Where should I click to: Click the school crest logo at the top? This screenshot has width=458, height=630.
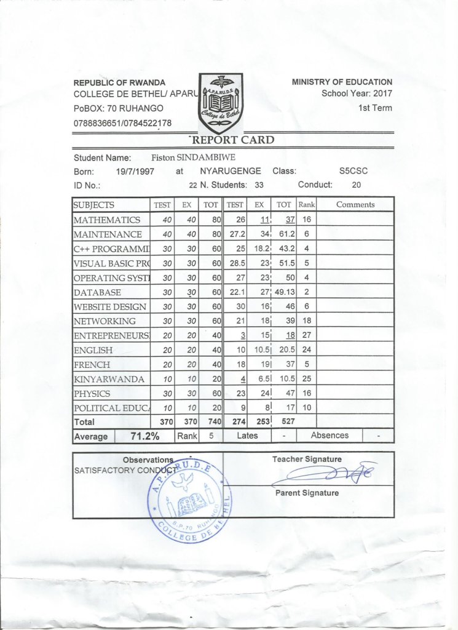pyautogui.click(x=221, y=103)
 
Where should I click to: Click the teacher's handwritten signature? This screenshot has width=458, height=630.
pyautogui.click(x=326, y=474)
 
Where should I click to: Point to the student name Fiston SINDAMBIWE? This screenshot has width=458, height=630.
pyautogui.click(x=193, y=157)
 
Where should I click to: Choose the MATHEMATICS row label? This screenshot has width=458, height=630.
pyautogui.click(x=107, y=220)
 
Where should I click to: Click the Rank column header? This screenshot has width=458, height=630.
pyautogui.click(x=306, y=205)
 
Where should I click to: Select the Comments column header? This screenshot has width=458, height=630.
pyautogui.click(x=355, y=205)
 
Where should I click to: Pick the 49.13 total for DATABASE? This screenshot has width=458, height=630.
pyautogui.click(x=285, y=292)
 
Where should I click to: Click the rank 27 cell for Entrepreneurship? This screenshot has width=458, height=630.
pyautogui.click(x=306, y=335)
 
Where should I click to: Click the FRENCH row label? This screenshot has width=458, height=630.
pyautogui.click(x=93, y=364)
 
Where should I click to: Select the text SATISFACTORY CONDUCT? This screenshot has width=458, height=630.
pyautogui.click(x=123, y=470)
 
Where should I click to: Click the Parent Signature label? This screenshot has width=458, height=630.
pyautogui.click(x=307, y=493)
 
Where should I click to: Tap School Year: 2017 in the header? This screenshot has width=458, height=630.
pyautogui.click(x=357, y=94)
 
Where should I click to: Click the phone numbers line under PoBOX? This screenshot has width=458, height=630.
pyautogui.click(x=122, y=122)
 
